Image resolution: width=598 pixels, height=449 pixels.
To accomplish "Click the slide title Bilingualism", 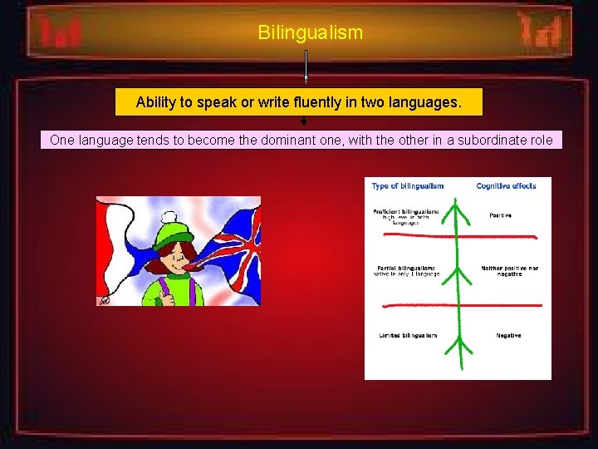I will pyautogui.click(x=310, y=33).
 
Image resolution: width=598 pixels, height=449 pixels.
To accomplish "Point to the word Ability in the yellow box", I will pyautogui.click(x=158, y=103).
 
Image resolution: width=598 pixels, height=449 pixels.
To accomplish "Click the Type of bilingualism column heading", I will pyautogui.click(x=408, y=186).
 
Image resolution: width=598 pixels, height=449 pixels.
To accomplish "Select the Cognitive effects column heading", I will pyautogui.click(x=506, y=186).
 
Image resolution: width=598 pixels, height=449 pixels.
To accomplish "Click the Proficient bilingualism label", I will pyautogui.click(x=406, y=213).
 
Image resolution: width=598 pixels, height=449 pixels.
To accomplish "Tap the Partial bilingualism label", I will pyautogui.click(x=404, y=268).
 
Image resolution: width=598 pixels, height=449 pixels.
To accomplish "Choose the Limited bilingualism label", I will pyautogui.click(x=406, y=335).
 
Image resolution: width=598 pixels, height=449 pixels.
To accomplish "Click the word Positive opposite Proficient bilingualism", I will pyautogui.click(x=500, y=215).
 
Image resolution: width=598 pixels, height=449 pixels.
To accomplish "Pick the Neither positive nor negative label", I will pyautogui.click(x=508, y=271).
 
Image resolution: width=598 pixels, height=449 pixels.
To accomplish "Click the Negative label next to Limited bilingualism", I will pyautogui.click(x=508, y=335).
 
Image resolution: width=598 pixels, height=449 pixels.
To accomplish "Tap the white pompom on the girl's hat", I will pyautogui.click(x=177, y=205).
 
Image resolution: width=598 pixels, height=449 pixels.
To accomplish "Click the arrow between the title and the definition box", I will pyautogui.click(x=306, y=67).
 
